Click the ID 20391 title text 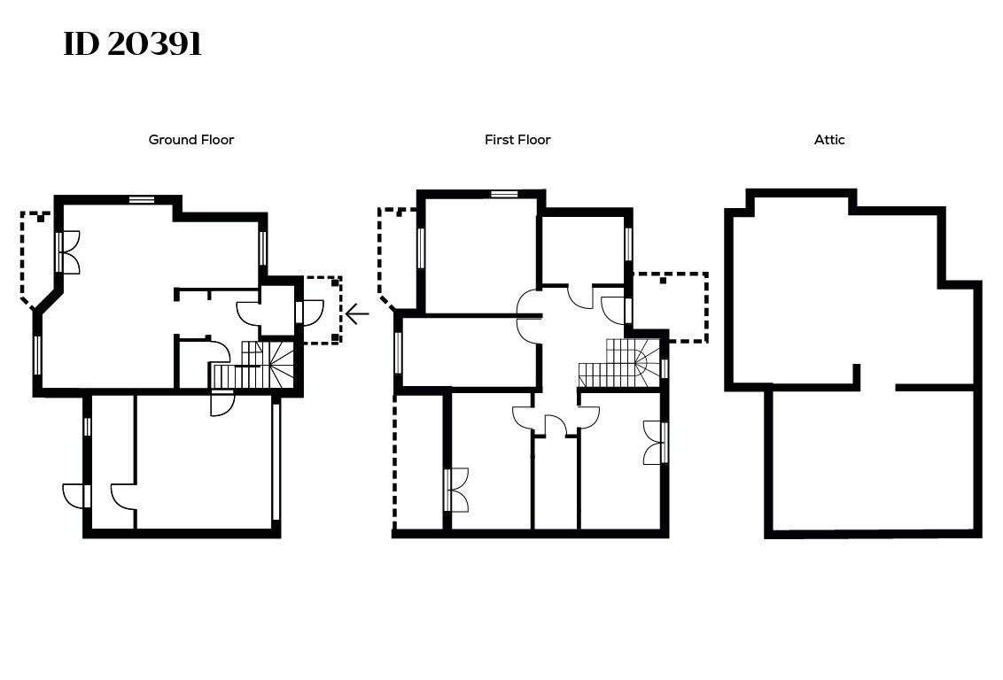click(x=132, y=44)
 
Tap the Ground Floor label click(x=191, y=140)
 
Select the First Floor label click(x=517, y=140)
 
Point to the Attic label click(x=829, y=140)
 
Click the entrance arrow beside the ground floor click(x=357, y=313)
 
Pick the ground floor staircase click(x=252, y=366)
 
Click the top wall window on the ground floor click(x=142, y=199)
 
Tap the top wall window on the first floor click(x=504, y=194)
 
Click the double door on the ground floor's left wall click(x=68, y=252)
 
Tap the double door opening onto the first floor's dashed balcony click(x=456, y=490)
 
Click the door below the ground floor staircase click(x=222, y=403)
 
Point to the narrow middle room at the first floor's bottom click(x=556, y=483)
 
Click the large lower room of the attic click(x=873, y=460)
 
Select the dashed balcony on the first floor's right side click(x=671, y=307)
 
